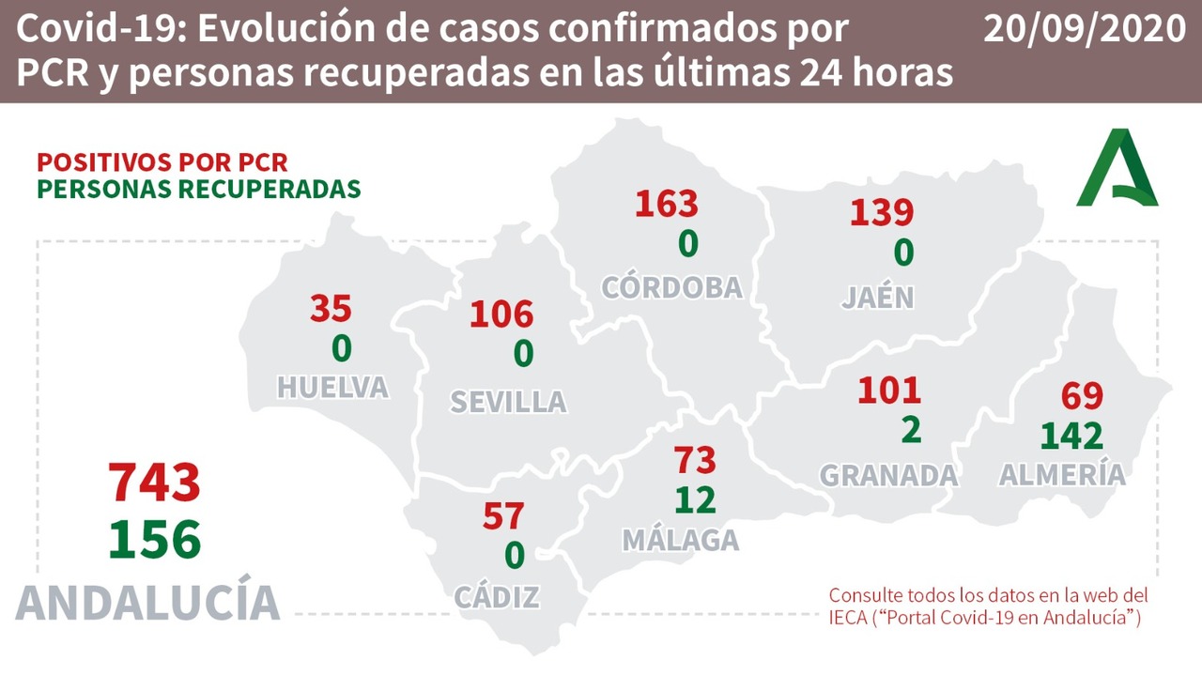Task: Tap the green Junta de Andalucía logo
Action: [x=1117, y=169]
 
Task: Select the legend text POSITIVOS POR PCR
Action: [x=162, y=161]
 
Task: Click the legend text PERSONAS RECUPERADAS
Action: [x=198, y=188]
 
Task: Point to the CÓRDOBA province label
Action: [x=671, y=287]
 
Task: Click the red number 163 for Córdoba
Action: [x=667, y=204]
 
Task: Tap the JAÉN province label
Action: [x=877, y=297]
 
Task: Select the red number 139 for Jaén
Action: [x=882, y=212]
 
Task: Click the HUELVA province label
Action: [x=332, y=387]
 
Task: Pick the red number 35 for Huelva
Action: [x=331, y=308]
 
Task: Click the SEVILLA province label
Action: [x=508, y=402]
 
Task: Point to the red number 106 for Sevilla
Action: [x=501, y=314]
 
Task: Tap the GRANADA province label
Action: [x=888, y=475]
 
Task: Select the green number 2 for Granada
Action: [x=910, y=429]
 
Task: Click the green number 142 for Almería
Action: [x=1071, y=436]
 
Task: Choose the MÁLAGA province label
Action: [x=680, y=540]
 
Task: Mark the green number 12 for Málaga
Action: [x=695, y=499]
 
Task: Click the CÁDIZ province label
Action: [x=497, y=596]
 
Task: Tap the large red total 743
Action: [x=155, y=483]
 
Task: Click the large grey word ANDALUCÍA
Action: [x=148, y=602]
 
